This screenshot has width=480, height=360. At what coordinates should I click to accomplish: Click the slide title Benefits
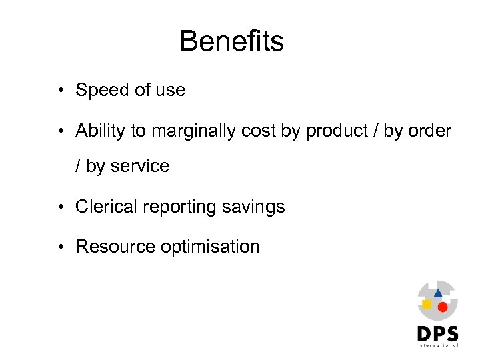pyautogui.click(x=231, y=41)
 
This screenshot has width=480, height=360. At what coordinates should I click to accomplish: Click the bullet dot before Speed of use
pyautogui.click(x=61, y=91)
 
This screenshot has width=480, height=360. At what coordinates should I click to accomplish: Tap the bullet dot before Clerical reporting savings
pyautogui.click(x=61, y=207)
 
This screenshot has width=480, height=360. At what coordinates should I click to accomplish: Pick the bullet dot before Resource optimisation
pyautogui.click(x=61, y=247)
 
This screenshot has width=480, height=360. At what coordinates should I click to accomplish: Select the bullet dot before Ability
pyautogui.click(x=61, y=132)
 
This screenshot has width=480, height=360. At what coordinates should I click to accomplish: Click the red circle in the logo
pyautogui.click(x=442, y=307)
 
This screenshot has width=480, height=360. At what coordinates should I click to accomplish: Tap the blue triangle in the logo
pyautogui.click(x=438, y=293)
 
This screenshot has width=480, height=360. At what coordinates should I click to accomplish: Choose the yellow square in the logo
pyautogui.click(x=427, y=304)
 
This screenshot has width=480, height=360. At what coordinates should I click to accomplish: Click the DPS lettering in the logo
pyautogui.click(x=438, y=334)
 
